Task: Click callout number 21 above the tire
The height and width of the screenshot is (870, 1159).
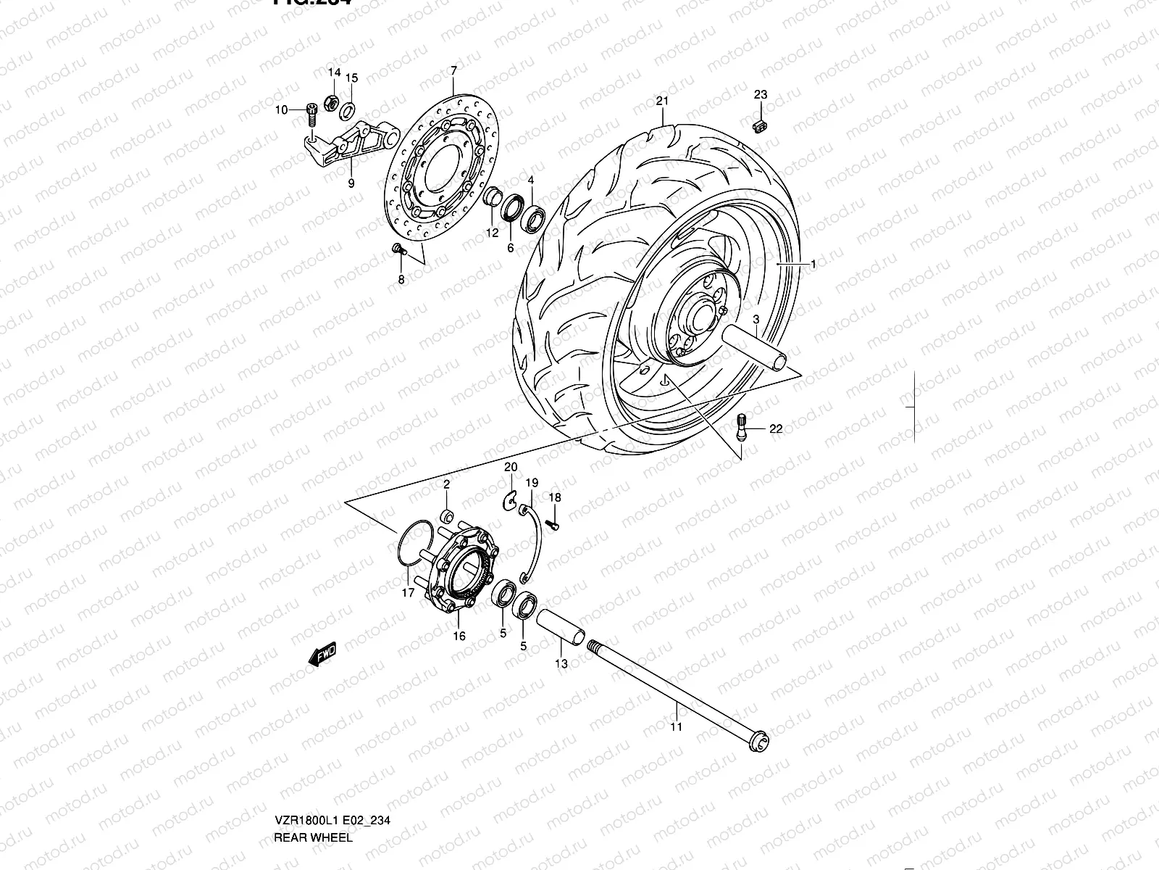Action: (x=661, y=101)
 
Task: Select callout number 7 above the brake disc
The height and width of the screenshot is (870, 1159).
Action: (x=453, y=70)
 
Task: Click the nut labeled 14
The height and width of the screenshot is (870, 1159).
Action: (x=328, y=101)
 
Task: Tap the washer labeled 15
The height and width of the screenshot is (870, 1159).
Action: (x=347, y=109)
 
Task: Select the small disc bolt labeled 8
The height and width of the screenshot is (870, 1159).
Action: (x=397, y=249)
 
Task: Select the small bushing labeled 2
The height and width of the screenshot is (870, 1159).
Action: (x=448, y=517)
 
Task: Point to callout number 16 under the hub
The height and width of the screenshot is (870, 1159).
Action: (x=459, y=637)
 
